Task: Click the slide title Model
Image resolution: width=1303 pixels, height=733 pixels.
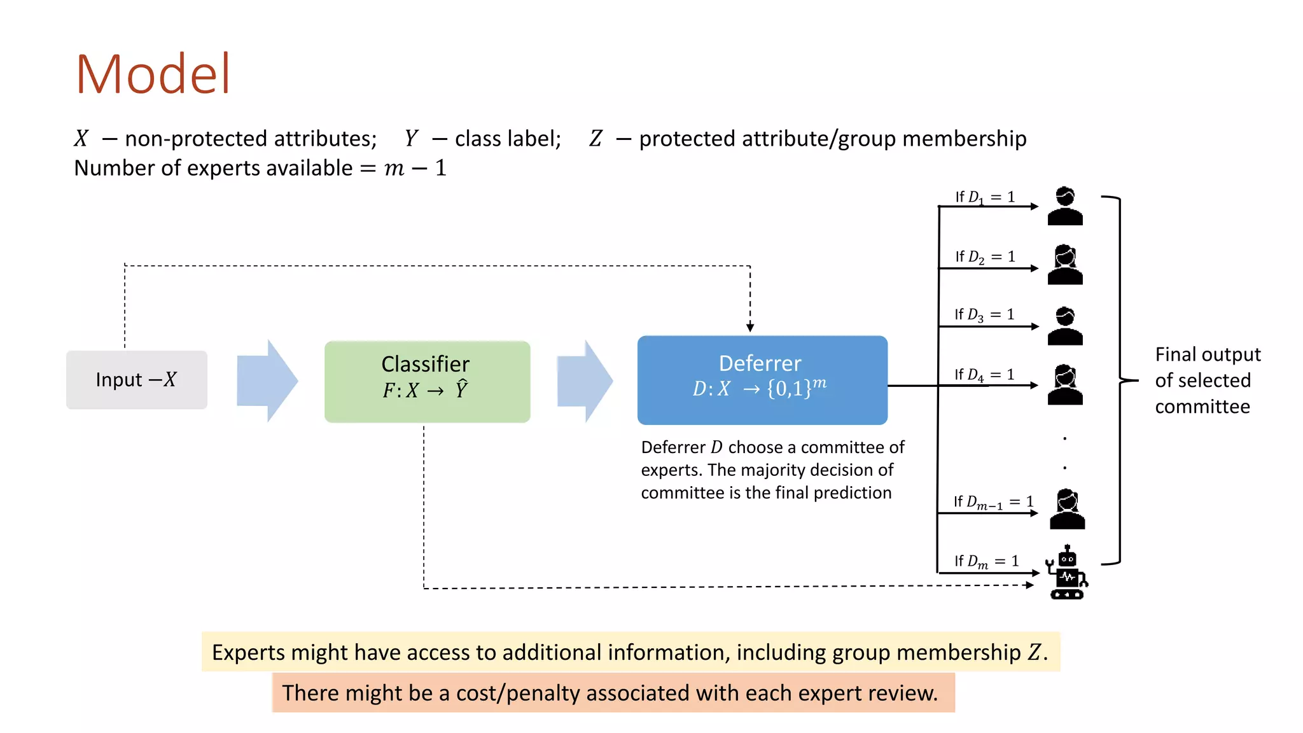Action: (x=153, y=74)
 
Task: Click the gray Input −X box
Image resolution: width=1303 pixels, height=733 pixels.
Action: (x=137, y=380)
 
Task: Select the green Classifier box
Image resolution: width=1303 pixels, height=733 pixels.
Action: (x=427, y=381)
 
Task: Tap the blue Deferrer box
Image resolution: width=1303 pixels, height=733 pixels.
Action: (x=762, y=380)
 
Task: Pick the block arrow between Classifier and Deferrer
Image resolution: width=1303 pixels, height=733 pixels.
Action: (x=585, y=381)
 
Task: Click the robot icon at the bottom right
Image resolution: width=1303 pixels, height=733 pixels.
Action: (x=1067, y=572)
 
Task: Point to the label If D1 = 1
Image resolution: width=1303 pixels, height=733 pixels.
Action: (x=984, y=197)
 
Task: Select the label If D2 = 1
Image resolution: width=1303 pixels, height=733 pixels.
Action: (x=984, y=256)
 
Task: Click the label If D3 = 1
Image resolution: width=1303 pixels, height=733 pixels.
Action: (x=984, y=314)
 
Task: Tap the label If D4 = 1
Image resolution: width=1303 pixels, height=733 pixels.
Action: (x=984, y=375)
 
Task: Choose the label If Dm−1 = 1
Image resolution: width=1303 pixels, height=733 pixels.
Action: (x=993, y=502)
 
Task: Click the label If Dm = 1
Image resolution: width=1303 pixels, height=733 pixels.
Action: (x=986, y=561)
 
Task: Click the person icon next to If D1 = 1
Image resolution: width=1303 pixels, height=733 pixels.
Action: (x=1065, y=206)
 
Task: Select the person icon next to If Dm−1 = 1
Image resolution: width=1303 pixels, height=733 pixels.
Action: (x=1067, y=509)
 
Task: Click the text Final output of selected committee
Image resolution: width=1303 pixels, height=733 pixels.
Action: (x=1207, y=380)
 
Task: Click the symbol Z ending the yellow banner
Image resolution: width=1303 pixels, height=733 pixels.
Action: (x=1035, y=652)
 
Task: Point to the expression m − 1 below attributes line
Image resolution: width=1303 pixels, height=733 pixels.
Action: (x=415, y=168)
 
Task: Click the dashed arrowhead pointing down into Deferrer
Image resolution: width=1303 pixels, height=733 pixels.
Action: (x=750, y=327)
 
